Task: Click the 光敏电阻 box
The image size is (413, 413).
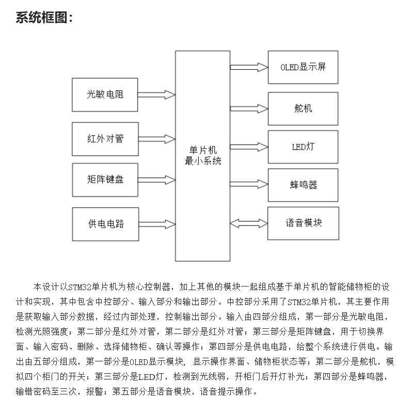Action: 105,95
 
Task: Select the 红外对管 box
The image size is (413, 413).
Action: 105,139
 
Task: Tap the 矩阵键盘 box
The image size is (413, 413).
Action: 105,180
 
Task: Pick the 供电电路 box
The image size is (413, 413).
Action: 105,224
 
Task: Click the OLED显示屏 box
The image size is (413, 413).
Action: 303,68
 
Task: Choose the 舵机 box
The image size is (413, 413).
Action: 303,108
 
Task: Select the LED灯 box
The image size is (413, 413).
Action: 303,146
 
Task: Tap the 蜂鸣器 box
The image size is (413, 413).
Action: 303,184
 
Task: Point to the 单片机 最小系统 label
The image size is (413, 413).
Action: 203,155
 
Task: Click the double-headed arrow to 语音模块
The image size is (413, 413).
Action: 249,223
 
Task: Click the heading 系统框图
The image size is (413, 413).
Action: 44,18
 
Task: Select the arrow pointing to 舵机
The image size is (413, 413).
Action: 249,108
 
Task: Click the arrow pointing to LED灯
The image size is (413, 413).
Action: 249,147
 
